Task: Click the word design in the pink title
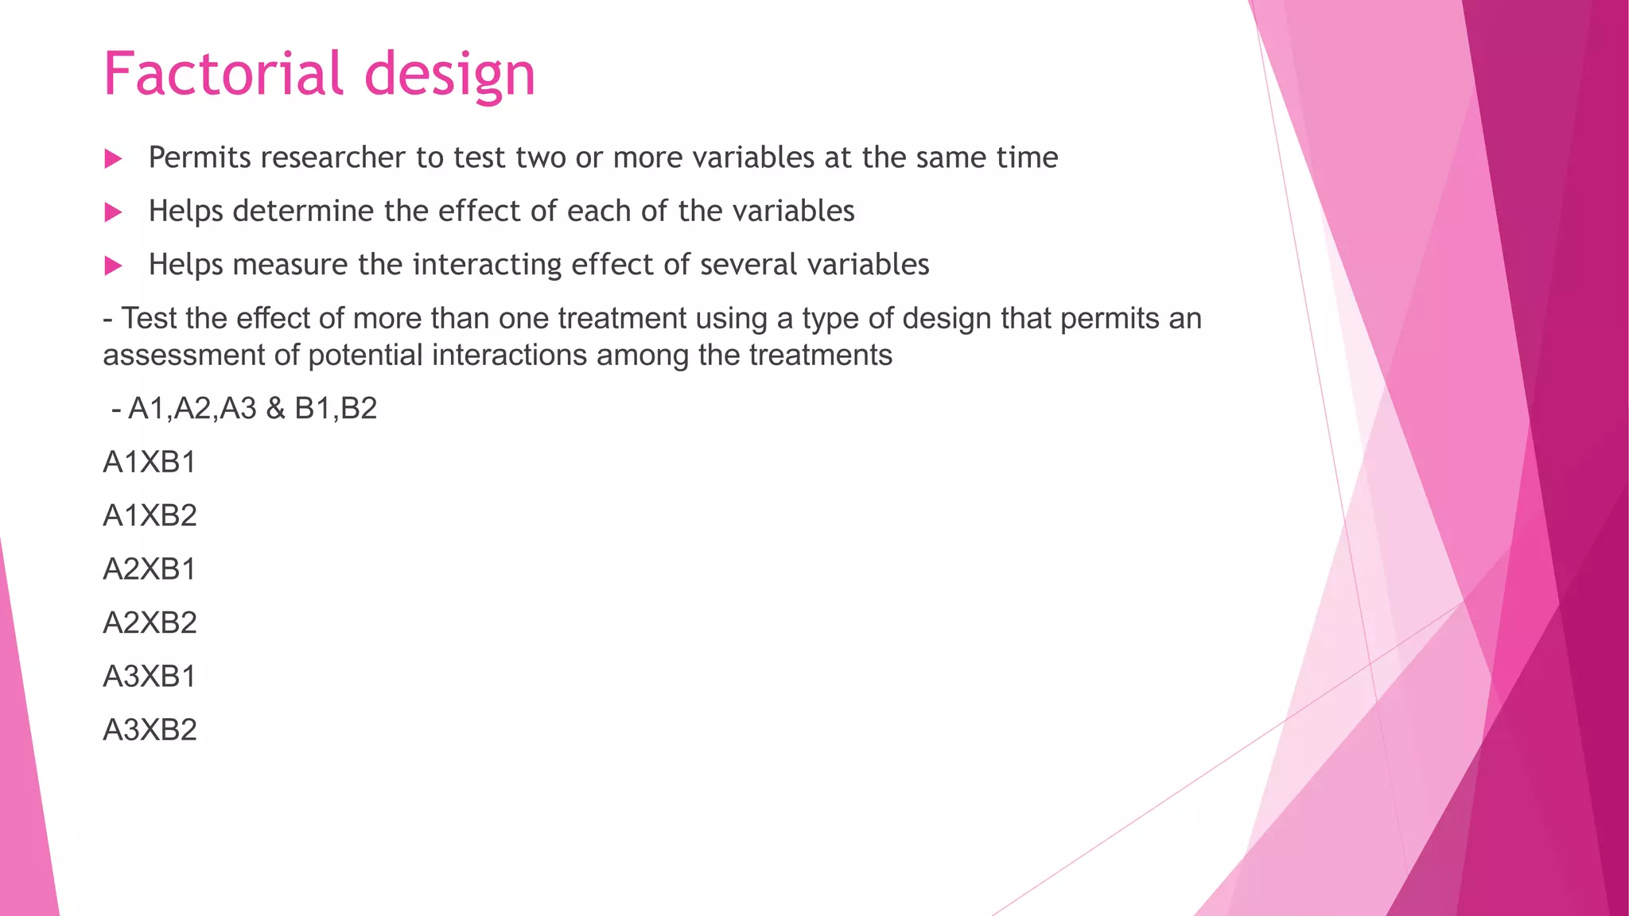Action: click(449, 76)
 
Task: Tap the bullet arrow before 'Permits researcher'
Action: click(113, 159)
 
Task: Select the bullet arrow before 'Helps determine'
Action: click(113, 212)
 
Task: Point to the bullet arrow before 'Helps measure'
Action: click(113, 266)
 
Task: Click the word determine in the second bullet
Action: click(303, 212)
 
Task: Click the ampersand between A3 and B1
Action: click(275, 409)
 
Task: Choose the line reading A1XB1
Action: click(150, 462)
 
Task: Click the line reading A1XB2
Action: click(150, 515)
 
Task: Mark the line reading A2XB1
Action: click(150, 569)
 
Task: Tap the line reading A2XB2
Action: click(150, 623)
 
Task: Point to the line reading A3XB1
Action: click(150, 676)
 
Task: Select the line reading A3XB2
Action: click(150, 730)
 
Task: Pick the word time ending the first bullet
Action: click(1027, 157)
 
